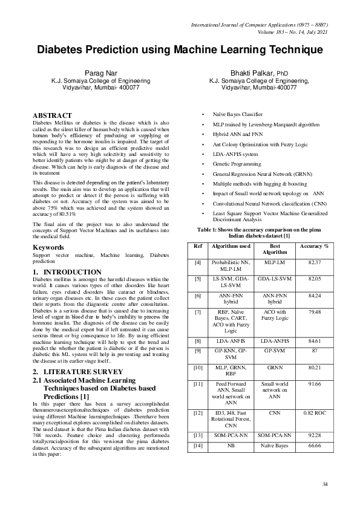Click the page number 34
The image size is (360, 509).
[x=325, y=484]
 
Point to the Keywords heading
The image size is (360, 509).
[x=50, y=248]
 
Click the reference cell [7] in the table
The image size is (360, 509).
[x=198, y=311]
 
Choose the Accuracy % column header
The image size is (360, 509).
[x=314, y=247]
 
